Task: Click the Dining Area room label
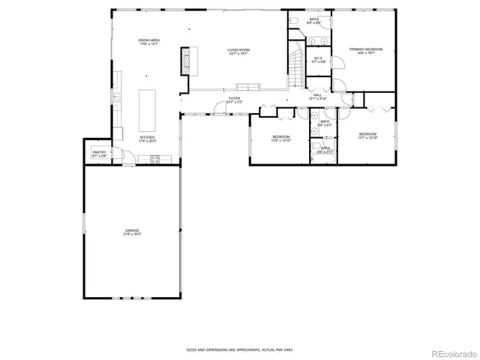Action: pyautogui.click(x=148, y=41)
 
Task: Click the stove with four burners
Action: pyautogui.click(x=155, y=158)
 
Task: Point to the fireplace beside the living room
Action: pyautogui.click(x=185, y=59)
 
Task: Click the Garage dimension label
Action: pyautogui.click(x=132, y=232)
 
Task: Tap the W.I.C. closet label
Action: pyautogui.click(x=319, y=60)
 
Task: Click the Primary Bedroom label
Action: pyautogui.click(x=366, y=51)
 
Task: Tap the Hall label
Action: pyautogui.click(x=317, y=97)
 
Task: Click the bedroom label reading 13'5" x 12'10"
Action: pyautogui.click(x=281, y=138)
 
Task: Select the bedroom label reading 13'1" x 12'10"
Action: pyautogui.click(x=367, y=136)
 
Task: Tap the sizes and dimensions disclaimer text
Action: pyautogui.click(x=239, y=349)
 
